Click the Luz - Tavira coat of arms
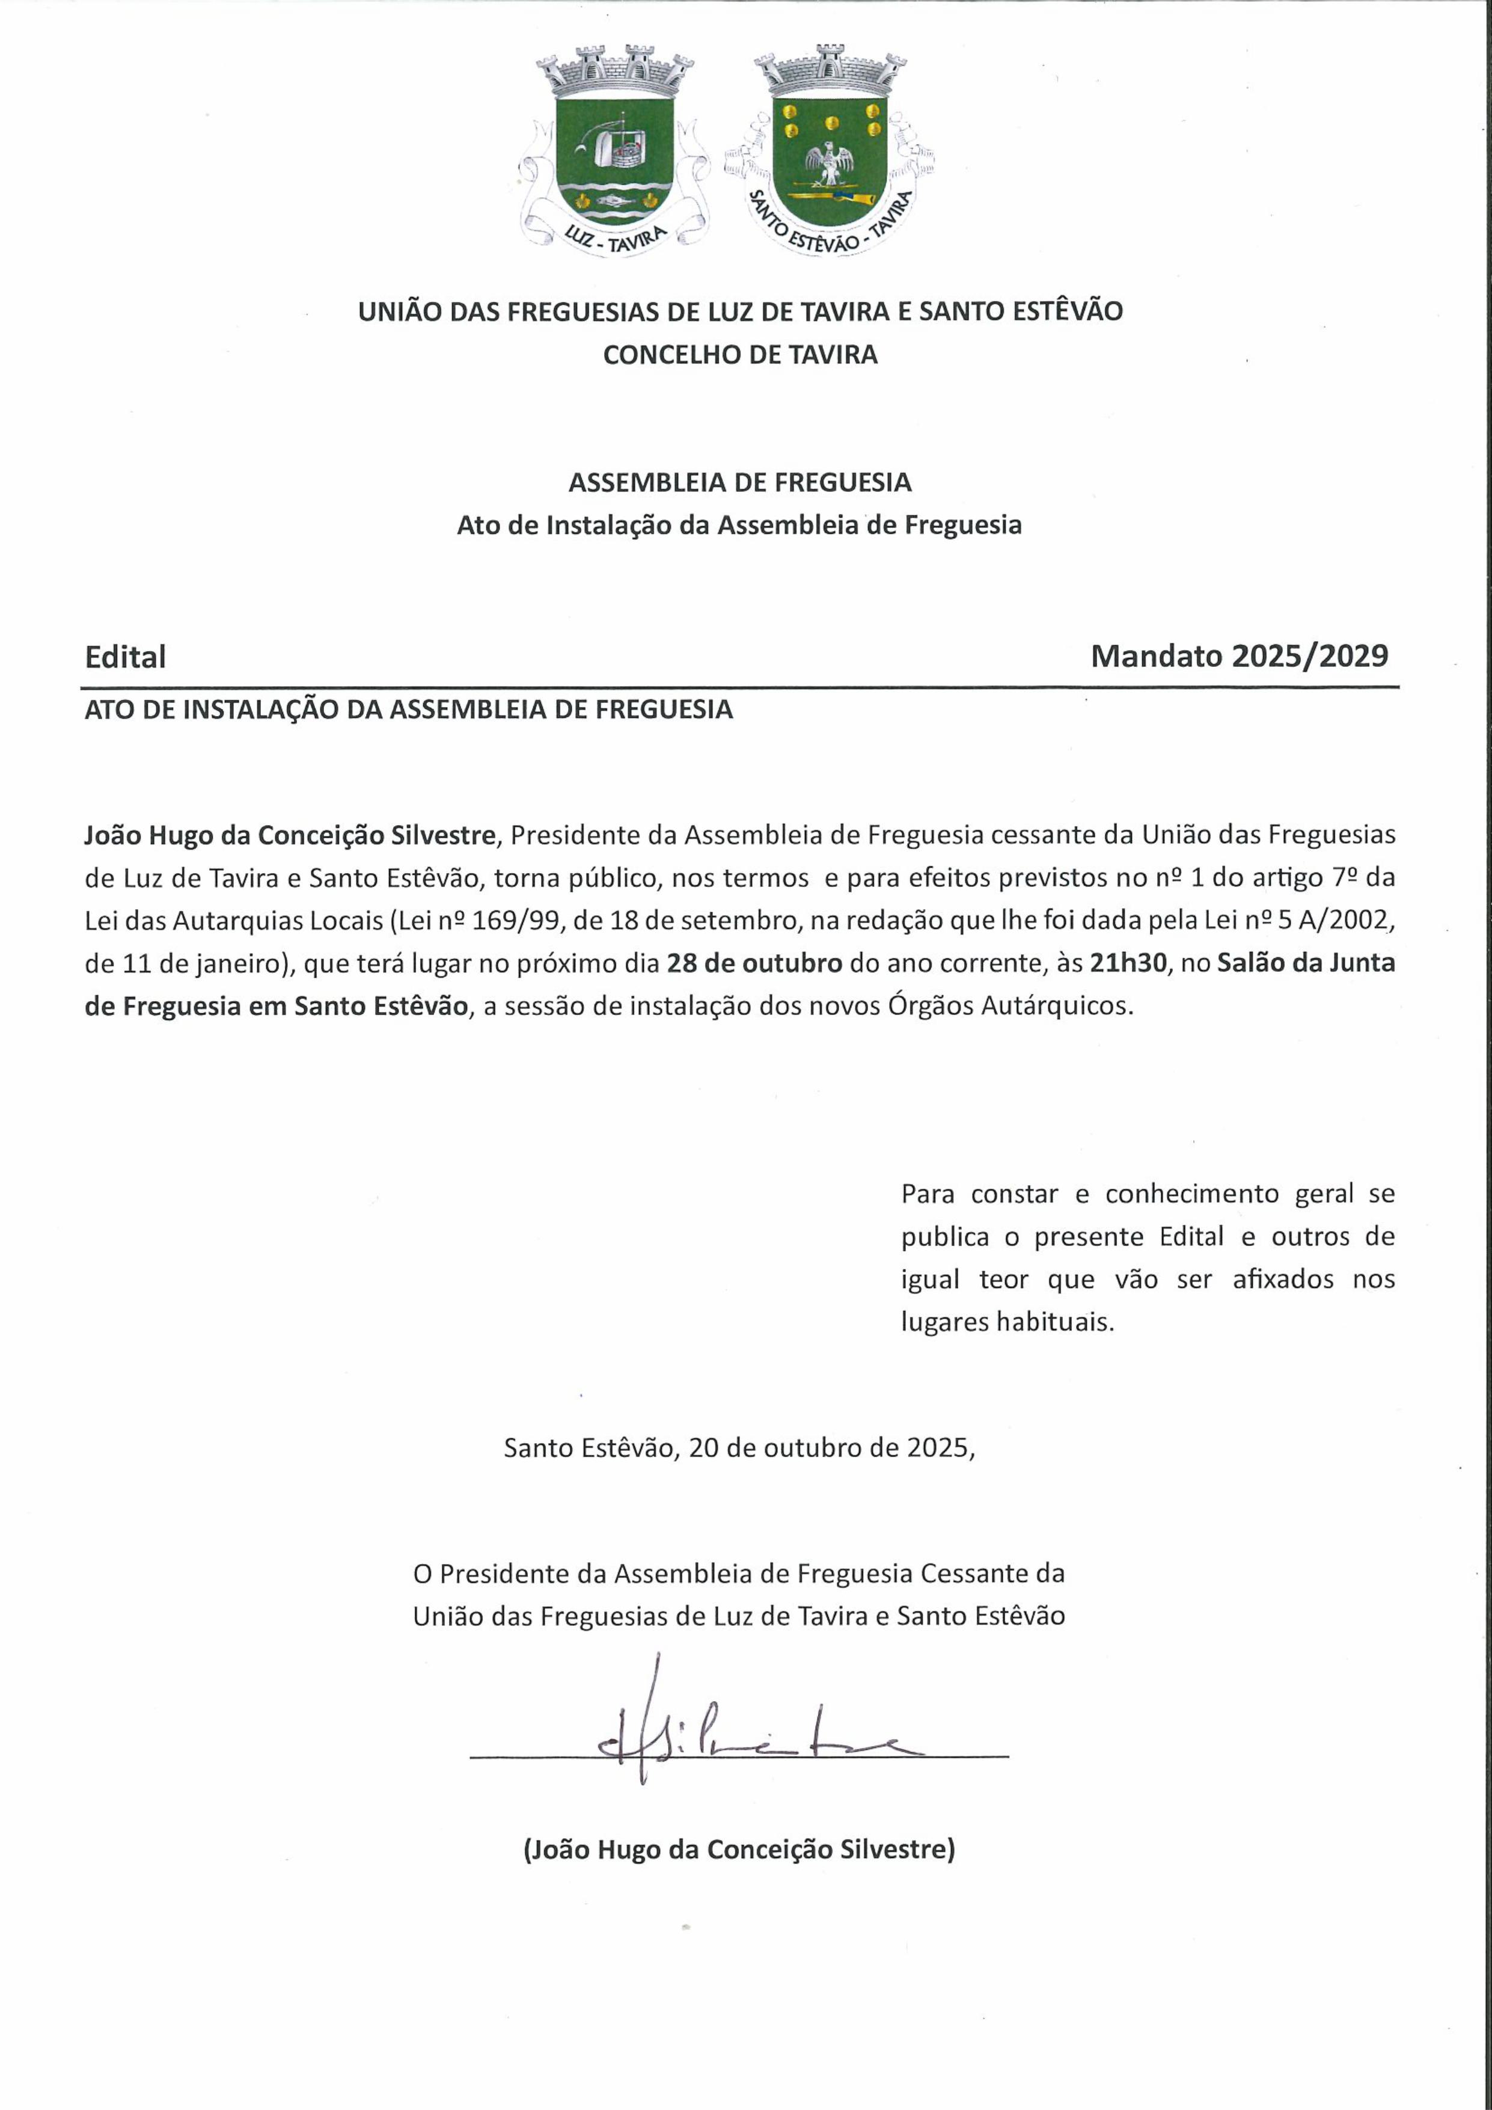click(x=614, y=152)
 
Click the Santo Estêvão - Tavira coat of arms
click(x=831, y=152)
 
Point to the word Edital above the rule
click(x=125, y=657)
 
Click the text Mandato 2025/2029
click(x=1240, y=656)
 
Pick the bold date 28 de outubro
click(x=754, y=963)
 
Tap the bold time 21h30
click(x=1127, y=963)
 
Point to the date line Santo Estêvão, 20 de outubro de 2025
click(x=739, y=1449)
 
